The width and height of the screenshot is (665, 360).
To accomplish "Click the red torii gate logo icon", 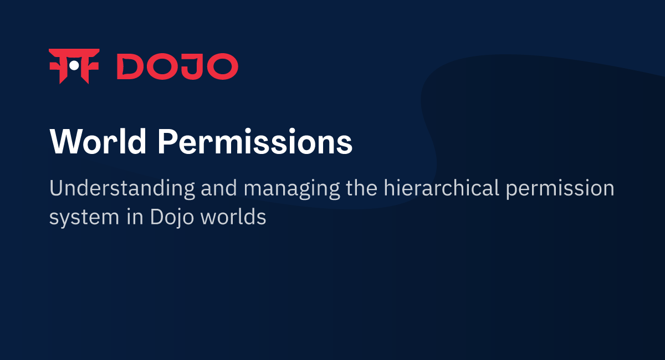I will tap(74, 66).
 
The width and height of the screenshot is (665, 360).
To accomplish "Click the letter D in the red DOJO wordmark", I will tap(131, 66).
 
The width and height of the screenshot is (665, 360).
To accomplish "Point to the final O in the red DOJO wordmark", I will tap(223, 66).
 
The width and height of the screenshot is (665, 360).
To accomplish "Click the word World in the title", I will tap(98, 142).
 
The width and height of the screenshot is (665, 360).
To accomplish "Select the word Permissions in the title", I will tap(254, 142).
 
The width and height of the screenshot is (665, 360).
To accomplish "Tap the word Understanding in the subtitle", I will tap(122, 188).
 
